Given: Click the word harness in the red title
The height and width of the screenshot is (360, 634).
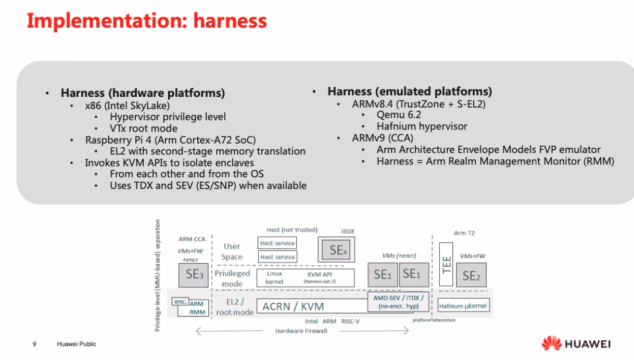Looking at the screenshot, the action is (x=230, y=21).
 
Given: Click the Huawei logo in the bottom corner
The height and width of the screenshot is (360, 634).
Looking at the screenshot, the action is (x=576, y=343).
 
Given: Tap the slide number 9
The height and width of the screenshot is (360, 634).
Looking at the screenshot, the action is (x=34, y=344).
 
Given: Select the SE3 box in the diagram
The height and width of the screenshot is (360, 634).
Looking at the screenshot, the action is (x=193, y=275).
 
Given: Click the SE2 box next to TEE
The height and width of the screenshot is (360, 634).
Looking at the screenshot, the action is (x=471, y=275).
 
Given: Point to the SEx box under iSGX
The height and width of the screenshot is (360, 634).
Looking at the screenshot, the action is (x=336, y=250).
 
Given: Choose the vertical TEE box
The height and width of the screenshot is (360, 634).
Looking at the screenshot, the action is (x=446, y=264).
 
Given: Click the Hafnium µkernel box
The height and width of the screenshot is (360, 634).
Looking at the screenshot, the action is (x=463, y=305).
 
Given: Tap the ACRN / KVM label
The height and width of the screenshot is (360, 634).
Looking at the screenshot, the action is (x=293, y=306).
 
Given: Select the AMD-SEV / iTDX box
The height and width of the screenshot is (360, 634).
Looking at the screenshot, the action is (x=398, y=302).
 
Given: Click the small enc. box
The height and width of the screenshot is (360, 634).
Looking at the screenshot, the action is (x=180, y=301).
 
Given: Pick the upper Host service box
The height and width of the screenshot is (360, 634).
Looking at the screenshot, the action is (x=277, y=243).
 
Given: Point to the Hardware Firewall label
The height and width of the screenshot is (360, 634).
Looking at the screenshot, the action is (x=301, y=331).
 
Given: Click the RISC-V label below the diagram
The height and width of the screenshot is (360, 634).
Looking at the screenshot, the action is (x=350, y=322).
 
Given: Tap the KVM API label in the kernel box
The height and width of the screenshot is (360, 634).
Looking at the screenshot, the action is (x=320, y=274).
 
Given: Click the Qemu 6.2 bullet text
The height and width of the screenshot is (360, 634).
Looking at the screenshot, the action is (x=399, y=115).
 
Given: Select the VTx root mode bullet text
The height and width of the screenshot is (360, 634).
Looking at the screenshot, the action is (x=144, y=128).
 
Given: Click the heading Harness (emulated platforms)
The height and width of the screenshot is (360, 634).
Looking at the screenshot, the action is (x=410, y=92).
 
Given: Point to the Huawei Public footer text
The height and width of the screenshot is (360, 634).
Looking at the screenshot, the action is (x=77, y=344).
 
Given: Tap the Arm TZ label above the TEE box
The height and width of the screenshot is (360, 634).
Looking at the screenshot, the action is (x=464, y=233).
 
